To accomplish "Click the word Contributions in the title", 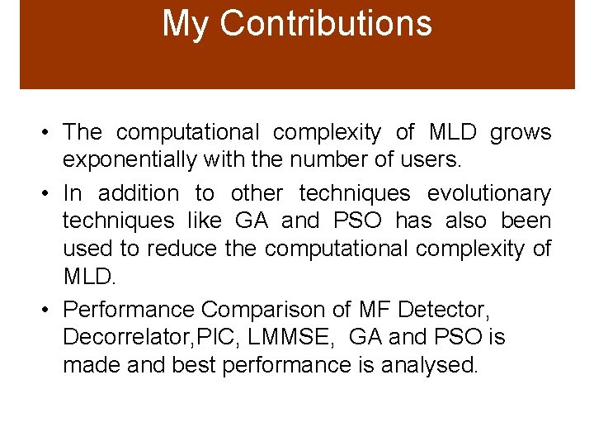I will (326, 24).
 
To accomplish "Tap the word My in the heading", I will (186, 24).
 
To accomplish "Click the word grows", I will (521, 131).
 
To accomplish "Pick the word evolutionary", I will (488, 193).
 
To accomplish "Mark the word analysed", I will (429, 365).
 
